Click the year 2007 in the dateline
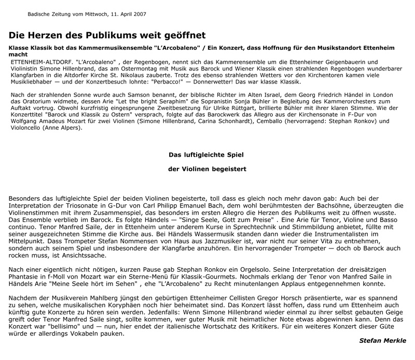tap(139, 14)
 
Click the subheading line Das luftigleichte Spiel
tap(207, 155)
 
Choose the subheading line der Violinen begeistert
tap(207, 169)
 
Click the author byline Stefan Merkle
tap(383, 340)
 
